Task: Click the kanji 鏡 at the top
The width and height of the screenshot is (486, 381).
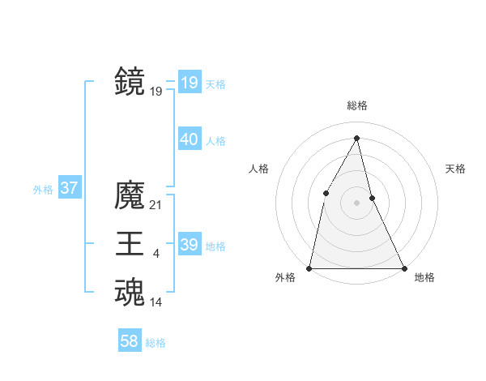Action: click(x=130, y=81)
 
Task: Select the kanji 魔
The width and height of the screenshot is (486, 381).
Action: click(x=130, y=195)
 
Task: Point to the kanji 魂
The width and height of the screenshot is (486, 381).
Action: click(x=130, y=292)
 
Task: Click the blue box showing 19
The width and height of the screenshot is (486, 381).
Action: click(x=190, y=82)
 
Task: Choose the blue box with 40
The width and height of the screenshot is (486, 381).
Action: click(x=190, y=139)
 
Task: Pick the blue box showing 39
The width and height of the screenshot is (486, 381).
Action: click(x=190, y=245)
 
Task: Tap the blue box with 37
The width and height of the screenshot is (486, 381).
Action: click(x=69, y=189)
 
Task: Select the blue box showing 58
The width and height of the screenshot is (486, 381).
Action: click(x=130, y=341)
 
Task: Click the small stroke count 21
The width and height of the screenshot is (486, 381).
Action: click(x=156, y=206)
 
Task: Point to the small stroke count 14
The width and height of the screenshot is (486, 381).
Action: click(x=156, y=302)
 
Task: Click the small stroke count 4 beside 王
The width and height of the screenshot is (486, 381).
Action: click(x=156, y=255)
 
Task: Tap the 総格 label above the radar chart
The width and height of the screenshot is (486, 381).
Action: click(x=357, y=106)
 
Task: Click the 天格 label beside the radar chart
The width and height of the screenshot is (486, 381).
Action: click(x=456, y=169)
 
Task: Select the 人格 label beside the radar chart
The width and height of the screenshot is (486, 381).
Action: click(x=258, y=169)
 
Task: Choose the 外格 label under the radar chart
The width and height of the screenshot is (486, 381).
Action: click(x=285, y=277)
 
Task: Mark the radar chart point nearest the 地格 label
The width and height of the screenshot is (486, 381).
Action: click(x=403, y=268)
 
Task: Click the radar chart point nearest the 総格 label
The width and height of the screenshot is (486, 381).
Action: click(x=357, y=138)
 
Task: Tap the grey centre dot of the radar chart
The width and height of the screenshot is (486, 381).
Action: click(x=356, y=202)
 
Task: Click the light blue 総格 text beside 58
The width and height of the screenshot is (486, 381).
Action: click(x=156, y=343)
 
